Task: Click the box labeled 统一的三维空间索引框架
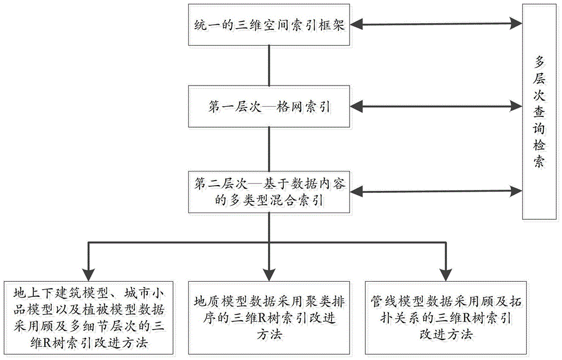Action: [269, 25]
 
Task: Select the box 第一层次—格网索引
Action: [269, 106]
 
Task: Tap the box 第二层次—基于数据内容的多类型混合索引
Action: [269, 192]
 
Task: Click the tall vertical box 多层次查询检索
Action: [539, 111]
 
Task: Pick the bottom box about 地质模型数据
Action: [269, 318]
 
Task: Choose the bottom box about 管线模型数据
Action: [446, 318]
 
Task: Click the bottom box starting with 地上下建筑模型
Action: [89, 318]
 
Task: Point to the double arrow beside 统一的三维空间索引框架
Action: [436, 24]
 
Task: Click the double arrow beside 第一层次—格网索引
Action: [436, 106]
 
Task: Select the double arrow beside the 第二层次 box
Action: [436, 191]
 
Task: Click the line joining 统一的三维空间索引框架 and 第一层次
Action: [269, 66]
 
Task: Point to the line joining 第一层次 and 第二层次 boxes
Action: [269, 149]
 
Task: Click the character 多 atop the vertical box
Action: [539, 62]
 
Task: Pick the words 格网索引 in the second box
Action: [303, 106]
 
